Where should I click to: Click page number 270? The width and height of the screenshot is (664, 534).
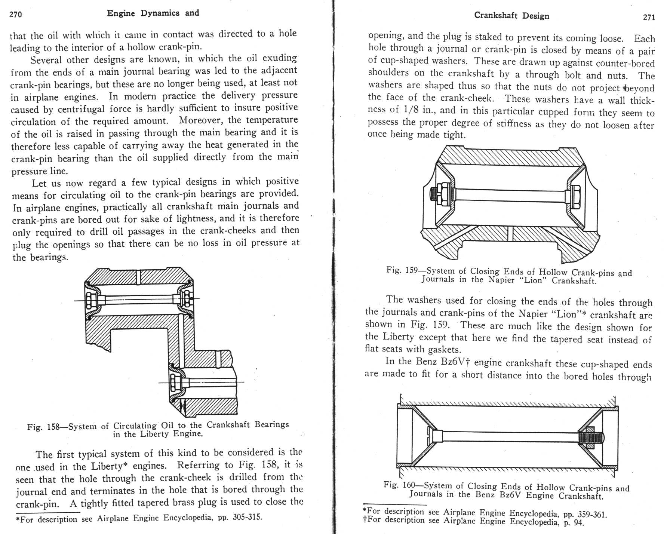coord(16,15)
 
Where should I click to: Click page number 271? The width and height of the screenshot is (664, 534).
coord(649,17)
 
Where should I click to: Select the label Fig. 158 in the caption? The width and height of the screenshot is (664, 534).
coord(43,427)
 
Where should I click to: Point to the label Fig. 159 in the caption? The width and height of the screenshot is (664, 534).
coord(402,270)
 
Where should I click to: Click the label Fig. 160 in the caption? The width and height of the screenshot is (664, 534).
coord(399,485)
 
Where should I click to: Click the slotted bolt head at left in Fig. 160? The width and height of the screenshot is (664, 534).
coord(429,436)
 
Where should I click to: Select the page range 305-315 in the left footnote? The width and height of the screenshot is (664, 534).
coord(247,517)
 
